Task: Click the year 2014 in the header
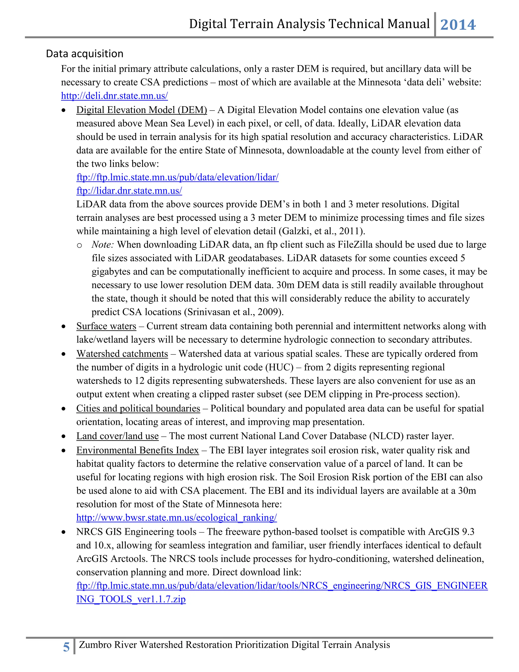pos(458,25)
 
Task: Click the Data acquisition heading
pos(85,54)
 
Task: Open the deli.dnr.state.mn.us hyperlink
pos(114,96)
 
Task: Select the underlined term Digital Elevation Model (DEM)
pos(141,110)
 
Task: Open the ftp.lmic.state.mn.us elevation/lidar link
pos(177,177)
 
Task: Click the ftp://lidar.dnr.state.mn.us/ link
pos(129,191)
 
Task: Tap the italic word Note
pos(102,245)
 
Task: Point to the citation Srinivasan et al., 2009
pos(233,312)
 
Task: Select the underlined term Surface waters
pos(106,326)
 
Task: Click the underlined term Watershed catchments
pos(122,354)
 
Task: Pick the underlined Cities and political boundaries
pos(138,409)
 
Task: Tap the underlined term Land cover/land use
pos(117,436)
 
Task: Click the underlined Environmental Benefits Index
pos(137,450)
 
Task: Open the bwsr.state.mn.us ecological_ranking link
pos(176,518)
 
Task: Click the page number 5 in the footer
pos(66,647)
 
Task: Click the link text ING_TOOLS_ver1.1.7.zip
pos(131,599)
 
